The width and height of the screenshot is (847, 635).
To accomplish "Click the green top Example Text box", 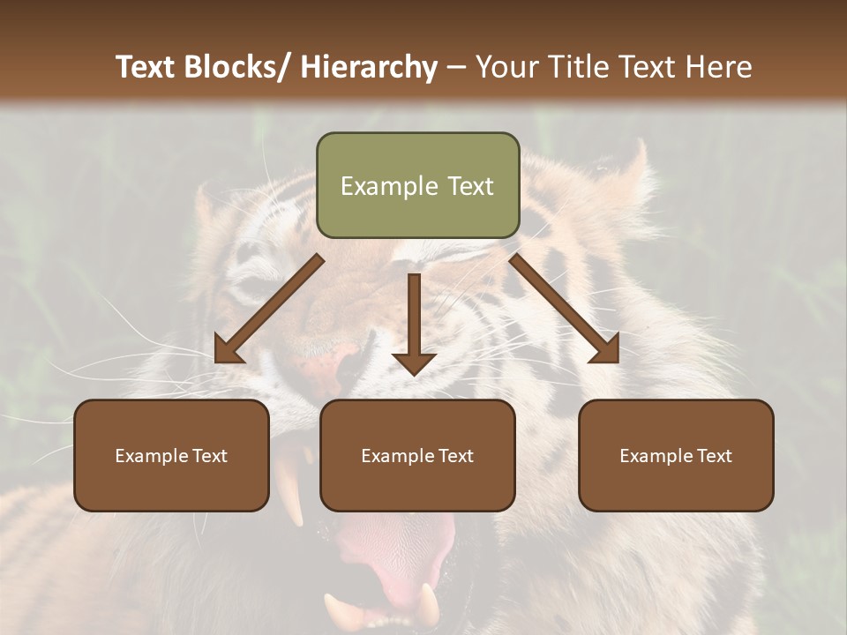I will (417, 185).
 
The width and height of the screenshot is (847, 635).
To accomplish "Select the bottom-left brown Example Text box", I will (171, 455).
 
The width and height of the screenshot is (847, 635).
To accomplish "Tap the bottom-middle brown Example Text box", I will (417, 455).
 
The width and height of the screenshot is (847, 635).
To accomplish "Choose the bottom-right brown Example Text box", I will (676, 455).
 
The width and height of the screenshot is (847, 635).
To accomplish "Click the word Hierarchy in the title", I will (369, 67).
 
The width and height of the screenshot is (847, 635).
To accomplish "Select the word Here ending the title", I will (721, 67).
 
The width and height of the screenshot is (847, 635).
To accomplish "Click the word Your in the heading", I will (508, 67).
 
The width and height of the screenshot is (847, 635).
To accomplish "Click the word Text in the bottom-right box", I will (713, 456).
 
